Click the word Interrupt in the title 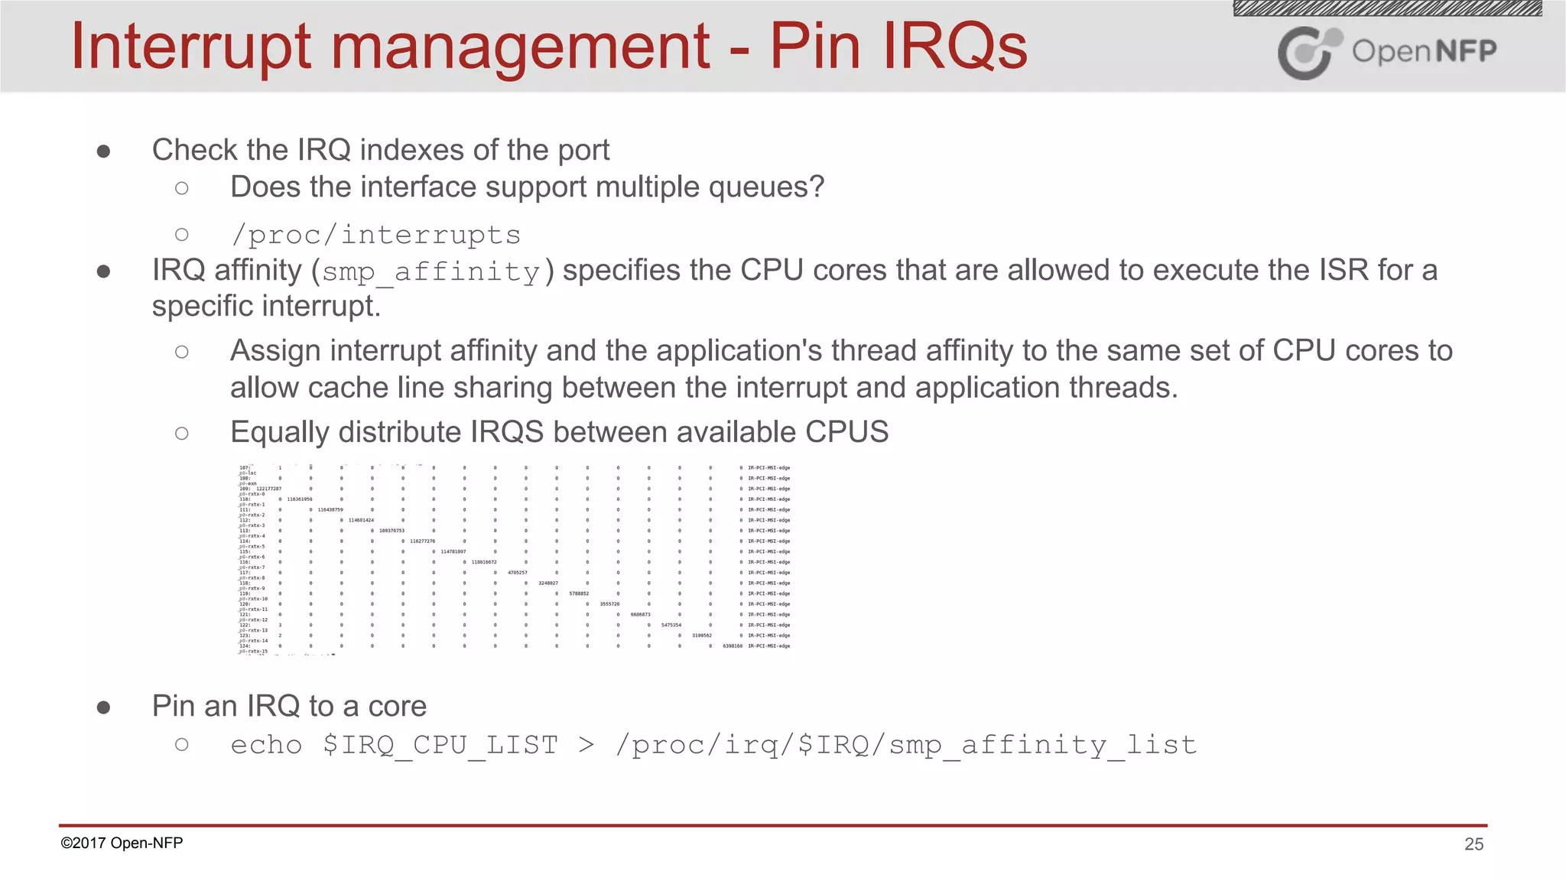191,47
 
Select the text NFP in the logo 1465,51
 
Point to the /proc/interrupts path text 375,235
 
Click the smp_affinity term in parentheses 431,272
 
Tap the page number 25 1473,844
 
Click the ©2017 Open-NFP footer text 122,843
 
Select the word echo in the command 266,745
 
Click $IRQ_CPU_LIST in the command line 440,745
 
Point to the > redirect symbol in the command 586,745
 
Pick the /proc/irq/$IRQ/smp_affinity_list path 906,745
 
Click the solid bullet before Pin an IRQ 104,707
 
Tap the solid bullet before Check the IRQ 104,151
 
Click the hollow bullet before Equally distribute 181,434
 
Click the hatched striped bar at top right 1387,8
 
